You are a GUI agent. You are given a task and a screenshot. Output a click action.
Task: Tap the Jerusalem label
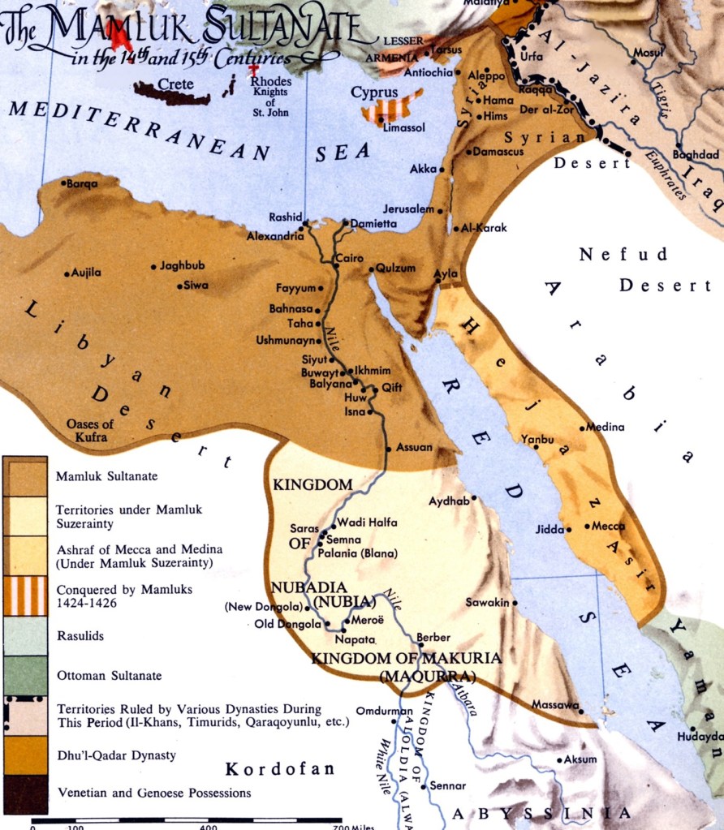pyautogui.click(x=410, y=209)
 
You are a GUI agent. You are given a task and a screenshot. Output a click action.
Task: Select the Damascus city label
pyautogui.click(x=499, y=152)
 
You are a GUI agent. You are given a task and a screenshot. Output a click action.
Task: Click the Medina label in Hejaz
pyautogui.click(x=605, y=427)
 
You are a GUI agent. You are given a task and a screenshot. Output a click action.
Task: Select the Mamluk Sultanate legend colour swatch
pyautogui.click(x=24, y=475)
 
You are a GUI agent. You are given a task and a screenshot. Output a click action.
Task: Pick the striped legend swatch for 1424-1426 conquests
pyautogui.click(x=24, y=596)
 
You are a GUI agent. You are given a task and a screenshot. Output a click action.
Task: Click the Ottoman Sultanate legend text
pyautogui.click(x=109, y=675)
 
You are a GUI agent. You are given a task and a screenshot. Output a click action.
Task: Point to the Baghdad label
pyautogui.click(x=696, y=154)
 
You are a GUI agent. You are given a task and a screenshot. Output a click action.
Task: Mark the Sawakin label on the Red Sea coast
pyautogui.click(x=487, y=602)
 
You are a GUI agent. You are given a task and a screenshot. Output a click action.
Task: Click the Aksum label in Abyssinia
pyautogui.click(x=580, y=759)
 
